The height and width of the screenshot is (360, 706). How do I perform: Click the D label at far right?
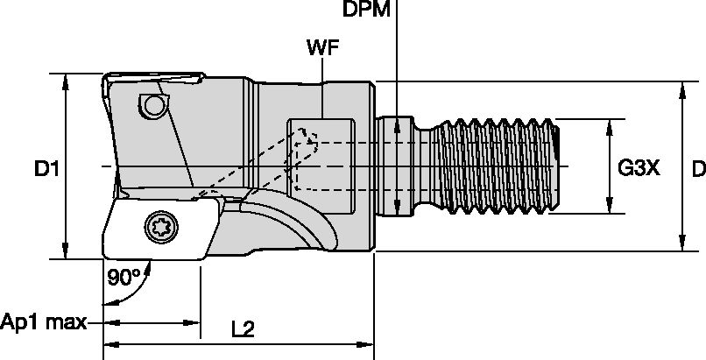(x=697, y=166)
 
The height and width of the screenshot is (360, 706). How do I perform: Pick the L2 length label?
(x=243, y=329)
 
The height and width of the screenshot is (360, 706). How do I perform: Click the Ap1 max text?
(x=42, y=322)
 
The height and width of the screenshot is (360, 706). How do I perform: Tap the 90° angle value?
(x=124, y=278)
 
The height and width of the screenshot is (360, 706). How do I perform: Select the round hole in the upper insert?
(x=154, y=106)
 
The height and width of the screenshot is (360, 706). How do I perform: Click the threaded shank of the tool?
(x=499, y=165)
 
